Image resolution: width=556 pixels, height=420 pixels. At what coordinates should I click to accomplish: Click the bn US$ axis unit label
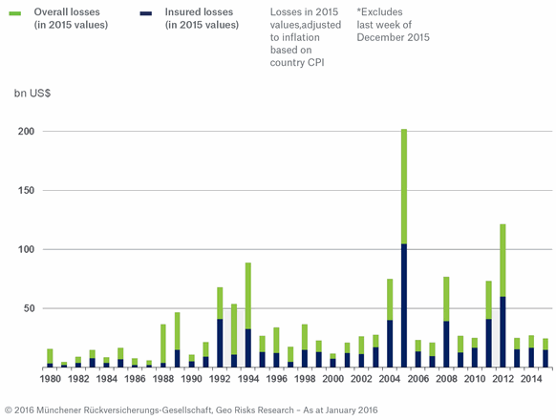(32, 94)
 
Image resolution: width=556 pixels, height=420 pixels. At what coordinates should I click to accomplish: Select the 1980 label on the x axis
(50, 379)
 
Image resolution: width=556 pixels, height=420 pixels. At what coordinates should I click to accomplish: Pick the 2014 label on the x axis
(530, 379)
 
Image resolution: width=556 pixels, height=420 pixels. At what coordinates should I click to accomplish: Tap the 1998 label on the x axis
(304, 379)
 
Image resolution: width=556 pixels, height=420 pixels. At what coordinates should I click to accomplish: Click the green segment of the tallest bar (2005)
(403, 186)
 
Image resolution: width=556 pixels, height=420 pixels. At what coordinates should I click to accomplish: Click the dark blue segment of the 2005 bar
(403, 305)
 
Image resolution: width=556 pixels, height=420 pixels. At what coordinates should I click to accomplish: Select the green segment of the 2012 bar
(503, 260)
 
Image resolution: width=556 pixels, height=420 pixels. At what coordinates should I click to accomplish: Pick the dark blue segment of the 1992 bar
(220, 344)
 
